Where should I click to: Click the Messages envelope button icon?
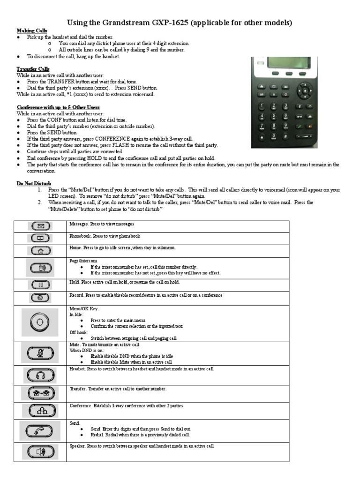[40, 226]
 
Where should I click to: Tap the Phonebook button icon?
[40, 238]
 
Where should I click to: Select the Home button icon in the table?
[40, 250]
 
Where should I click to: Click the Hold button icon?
[40, 285]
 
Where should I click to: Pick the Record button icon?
[40, 297]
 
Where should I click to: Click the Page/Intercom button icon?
[40, 268]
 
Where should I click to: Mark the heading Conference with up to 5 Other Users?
[58, 107]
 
